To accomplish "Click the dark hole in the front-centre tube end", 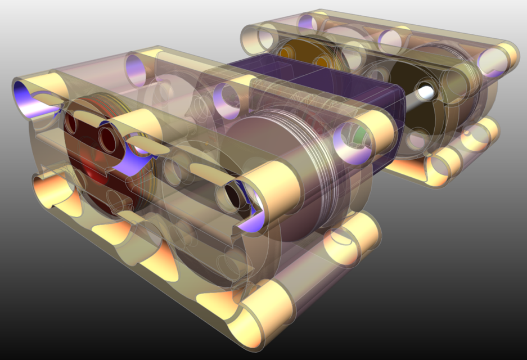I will (x=233, y=194).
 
